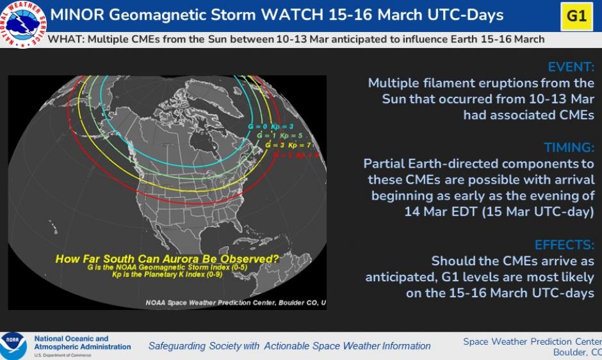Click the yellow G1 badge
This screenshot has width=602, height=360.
pyautogui.click(x=576, y=15)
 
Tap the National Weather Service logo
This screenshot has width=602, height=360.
pyautogui.click(x=22, y=23)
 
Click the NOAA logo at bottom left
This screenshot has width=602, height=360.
pyautogui.click(x=13, y=345)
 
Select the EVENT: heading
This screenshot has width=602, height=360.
pyautogui.click(x=571, y=67)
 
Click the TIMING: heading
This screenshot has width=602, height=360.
pyautogui.click(x=569, y=147)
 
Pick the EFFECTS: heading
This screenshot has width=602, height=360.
pyautogui.click(x=564, y=244)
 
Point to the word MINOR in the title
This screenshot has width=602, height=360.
pyautogui.click(x=77, y=15)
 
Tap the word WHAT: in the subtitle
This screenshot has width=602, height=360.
pyautogui.click(x=66, y=39)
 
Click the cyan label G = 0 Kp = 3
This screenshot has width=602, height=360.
pyautogui.click(x=271, y=127)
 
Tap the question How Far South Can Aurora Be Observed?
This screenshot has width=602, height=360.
pyautogui.click(x=167, y=259)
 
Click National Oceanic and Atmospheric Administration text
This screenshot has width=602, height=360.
pyautogui.click(x=82, y=343)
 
